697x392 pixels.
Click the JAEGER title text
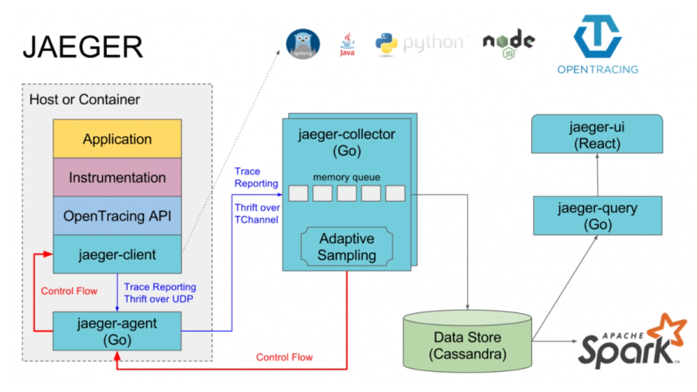82,47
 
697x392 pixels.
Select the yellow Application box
117,140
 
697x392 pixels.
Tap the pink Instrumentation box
117,178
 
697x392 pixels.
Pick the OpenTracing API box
117,216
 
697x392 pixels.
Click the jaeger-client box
117,254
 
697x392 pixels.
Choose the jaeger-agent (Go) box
117,330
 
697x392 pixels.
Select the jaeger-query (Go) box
596,216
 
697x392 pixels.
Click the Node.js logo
508,43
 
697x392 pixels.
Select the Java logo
348,44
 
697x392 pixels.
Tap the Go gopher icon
303,44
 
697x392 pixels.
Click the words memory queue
346,177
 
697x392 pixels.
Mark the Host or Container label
84,100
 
